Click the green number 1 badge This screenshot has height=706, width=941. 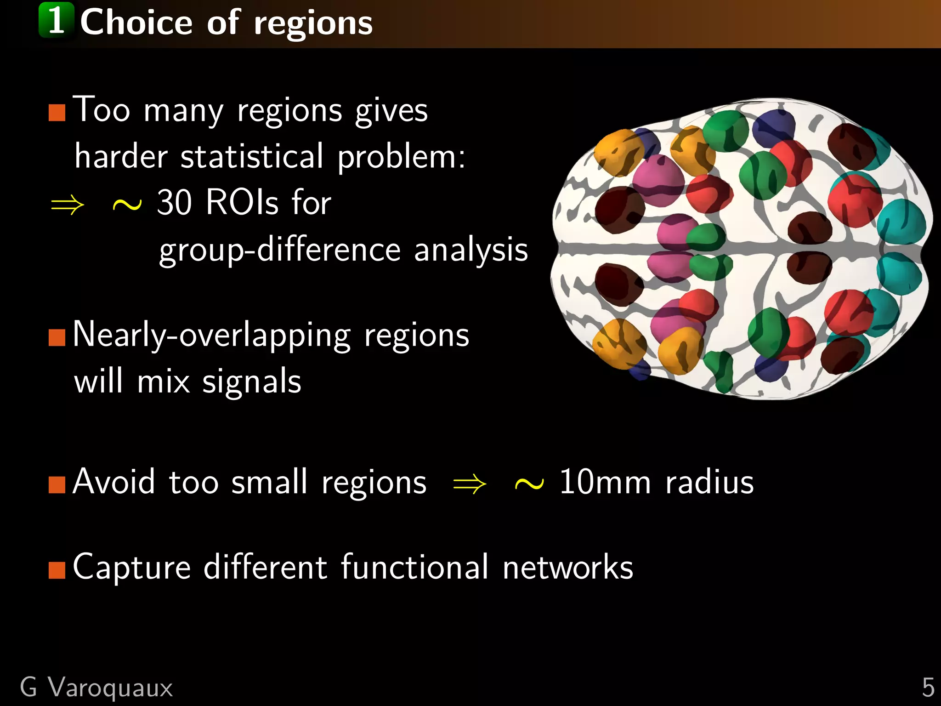coord(56,20)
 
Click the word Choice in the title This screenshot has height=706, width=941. coord(136,23)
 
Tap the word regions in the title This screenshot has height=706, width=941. coord(313,24)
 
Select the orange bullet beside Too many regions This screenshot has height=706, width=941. coord(57,112)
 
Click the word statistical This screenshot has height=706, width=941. coord(252,157)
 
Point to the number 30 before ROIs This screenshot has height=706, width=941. coord(174,202)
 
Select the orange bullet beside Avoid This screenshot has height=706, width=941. coord(57,484)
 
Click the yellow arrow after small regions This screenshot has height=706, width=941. coord(469,484)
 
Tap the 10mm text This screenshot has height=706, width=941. coord(605,482)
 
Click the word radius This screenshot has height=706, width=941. coord(709,482)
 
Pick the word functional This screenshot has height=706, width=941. coord(414,567)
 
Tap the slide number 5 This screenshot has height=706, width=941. coord(928,688)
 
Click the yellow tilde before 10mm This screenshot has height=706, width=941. coord(529,484)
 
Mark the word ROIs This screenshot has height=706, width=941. coord(242,202)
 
